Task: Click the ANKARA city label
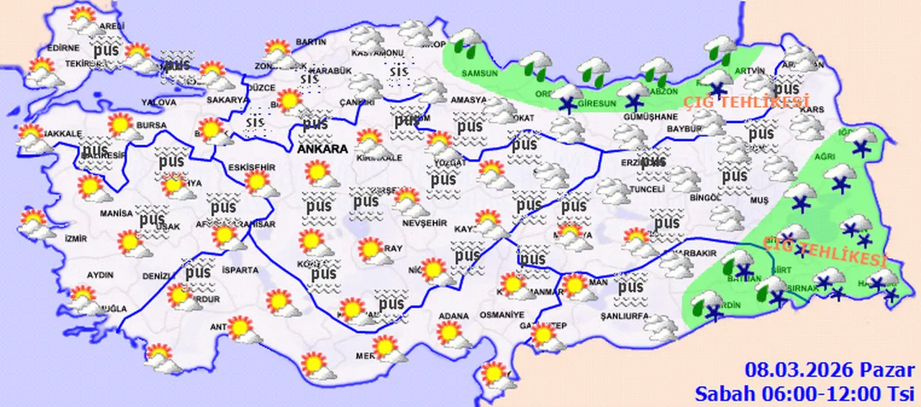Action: pyautogui.click(x=322, y=150)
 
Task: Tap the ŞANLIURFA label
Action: pyautogui.click(x=625, y=316)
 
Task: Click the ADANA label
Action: pyautogui.click(x=453, y=316)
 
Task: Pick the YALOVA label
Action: pyautogui.click(x=159, y=103)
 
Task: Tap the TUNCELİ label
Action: pyautogui.click(x=645, y=189)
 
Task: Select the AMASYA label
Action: pyautogui.click(x=469, y=101)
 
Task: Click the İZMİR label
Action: pyautogui.click(x=76, y=239)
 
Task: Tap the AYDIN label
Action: pyautogui.click(x=99, y=275)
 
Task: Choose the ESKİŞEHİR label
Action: pyautogui.click(x=251, y=168)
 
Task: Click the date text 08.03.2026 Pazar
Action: pyautogui.click(x=829, y=371)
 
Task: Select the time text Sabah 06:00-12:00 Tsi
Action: pyautogui.click(x=803, y=393)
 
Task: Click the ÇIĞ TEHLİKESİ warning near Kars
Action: pyautogui.click(x=744, y=101)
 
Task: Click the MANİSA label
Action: pyautogui.click(x=117, y=214)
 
